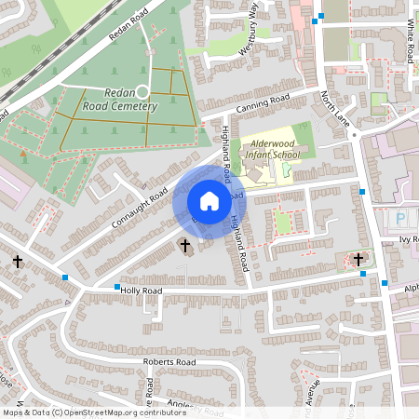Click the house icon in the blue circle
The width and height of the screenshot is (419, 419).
click(209, 200)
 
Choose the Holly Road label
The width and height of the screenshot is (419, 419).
click(142, 291)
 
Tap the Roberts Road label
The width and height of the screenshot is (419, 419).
click(169, 361)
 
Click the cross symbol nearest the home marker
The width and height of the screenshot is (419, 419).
click(183, 247)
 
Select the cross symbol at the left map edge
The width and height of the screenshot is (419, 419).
click(18, 263)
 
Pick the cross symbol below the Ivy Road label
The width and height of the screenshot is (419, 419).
click(359, 260)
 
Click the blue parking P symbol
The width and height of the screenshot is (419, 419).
click(401, 219)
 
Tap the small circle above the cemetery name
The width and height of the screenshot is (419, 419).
click(142, 91)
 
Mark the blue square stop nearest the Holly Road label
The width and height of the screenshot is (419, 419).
click(116, 288)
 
